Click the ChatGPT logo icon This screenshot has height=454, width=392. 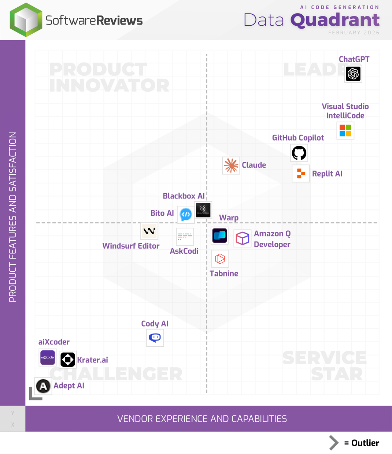353,74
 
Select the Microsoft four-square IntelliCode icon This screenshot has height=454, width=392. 345,131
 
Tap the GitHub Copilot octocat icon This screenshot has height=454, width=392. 299,153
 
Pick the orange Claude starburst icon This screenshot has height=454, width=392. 231,165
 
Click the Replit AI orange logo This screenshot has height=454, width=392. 301,174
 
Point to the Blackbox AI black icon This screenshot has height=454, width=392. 203,210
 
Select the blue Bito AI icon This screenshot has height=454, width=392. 186,214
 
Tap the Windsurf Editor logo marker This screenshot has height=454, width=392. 149,231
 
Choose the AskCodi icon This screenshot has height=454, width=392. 185,237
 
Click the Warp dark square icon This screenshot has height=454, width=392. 220,235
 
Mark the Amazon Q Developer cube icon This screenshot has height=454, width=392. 242,238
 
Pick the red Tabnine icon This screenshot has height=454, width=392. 220,259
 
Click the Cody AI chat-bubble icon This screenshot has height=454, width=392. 155,338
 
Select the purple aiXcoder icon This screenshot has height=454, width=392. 48,358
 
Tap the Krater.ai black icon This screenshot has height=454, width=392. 68,360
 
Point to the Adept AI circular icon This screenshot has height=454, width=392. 43,386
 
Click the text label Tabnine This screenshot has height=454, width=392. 224,273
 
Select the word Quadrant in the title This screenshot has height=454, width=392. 335,20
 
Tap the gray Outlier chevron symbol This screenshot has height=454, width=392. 333,443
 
